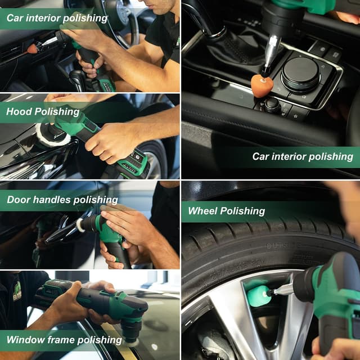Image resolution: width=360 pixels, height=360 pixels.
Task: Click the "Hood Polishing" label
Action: point(42,111)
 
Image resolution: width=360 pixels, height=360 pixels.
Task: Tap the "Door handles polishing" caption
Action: point(62,200)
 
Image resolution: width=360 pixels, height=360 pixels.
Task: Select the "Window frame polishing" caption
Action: point(64,340)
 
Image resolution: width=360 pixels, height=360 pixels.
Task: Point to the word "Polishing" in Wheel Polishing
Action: point(242,211)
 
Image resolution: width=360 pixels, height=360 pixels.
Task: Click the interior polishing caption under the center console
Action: point(303,156)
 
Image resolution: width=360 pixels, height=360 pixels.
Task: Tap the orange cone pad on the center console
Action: point(262,85)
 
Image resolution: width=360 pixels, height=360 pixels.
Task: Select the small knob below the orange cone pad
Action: point(272,104)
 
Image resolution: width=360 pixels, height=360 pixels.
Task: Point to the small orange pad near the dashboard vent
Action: point(33,48)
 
